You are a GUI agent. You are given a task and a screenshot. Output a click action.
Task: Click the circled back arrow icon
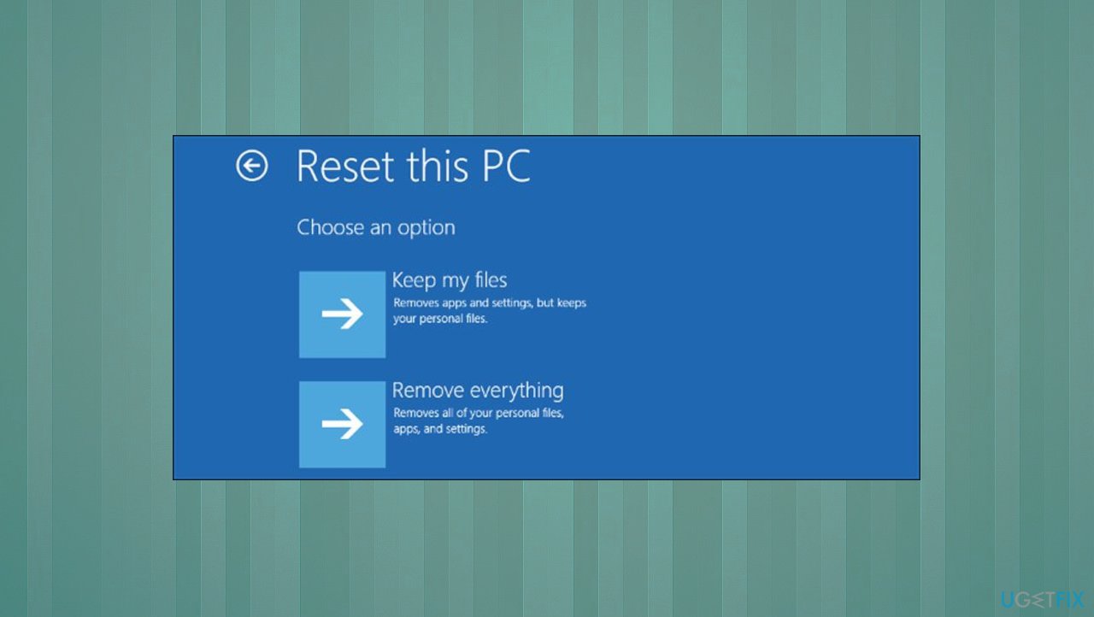tap(252, 167)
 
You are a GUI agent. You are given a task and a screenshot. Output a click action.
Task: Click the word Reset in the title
tap(345, 166)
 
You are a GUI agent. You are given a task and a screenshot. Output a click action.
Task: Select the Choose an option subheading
tap(375, 228)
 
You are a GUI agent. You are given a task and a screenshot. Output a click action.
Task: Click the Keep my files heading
tap(449, 280)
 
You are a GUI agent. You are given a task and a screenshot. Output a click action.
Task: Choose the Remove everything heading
tap(477, 391)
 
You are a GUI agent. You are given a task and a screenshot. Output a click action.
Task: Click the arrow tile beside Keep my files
tap(342, 314)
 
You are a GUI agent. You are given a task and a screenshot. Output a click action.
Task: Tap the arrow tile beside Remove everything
tap(342, 425)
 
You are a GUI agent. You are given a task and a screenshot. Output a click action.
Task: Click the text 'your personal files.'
tap(440, 319)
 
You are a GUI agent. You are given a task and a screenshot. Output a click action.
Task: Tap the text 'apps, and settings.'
tap(439, 429)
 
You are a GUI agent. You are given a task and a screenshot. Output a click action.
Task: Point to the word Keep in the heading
tap(414, 280)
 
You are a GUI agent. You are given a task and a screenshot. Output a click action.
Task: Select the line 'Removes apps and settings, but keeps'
tap(490, 303)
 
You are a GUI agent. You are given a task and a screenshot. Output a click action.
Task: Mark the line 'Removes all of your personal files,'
tap(479, 414)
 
